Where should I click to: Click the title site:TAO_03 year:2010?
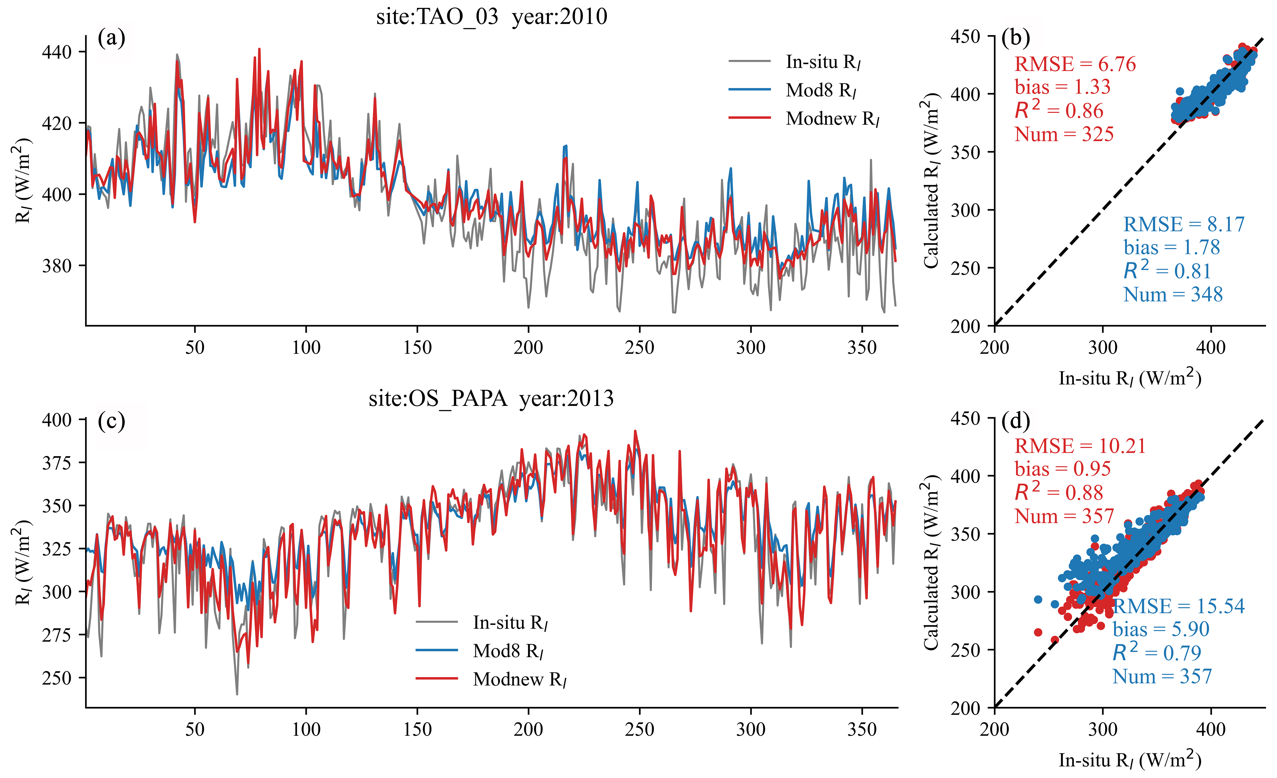[x=491, y=17]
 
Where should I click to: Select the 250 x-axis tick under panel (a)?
[x=640, y=347]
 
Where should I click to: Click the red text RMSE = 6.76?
[x=1075, y=64]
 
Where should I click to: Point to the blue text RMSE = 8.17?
[x=1184, y=224]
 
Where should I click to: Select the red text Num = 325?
[x=1064, y=134]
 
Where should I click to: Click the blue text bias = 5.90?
[x=1161, y=629]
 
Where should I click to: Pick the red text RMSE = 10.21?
[x=1080, y=446]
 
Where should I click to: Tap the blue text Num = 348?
[x=1173, y=294]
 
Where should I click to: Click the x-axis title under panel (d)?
[x=1130, y=760]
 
